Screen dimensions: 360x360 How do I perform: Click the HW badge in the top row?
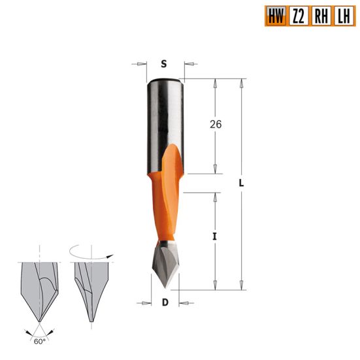276,15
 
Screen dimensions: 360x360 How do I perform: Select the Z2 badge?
298,15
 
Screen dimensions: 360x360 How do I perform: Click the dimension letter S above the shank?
163,64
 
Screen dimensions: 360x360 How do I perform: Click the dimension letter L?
241,184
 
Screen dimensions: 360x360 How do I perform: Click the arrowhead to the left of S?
142,64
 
